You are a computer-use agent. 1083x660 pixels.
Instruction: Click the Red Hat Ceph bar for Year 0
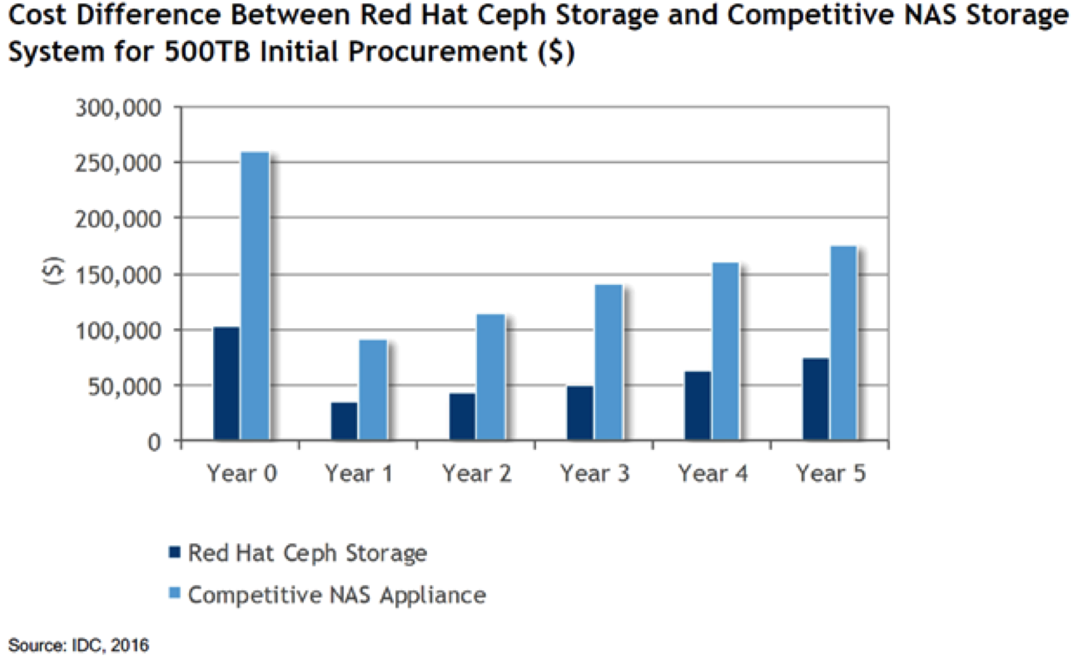(226, 383)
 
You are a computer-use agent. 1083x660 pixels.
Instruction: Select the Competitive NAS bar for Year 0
(254, 296)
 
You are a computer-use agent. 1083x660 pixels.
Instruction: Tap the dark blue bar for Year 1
(344, 422)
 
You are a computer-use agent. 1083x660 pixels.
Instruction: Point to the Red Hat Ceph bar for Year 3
(579, 413)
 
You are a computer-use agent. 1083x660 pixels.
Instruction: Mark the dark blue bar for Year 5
(815, 399)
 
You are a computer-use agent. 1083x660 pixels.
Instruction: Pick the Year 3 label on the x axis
(594, 474)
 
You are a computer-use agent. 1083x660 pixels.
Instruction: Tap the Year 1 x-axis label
(359, 474)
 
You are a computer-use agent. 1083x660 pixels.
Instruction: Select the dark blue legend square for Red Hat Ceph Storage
(173, 552)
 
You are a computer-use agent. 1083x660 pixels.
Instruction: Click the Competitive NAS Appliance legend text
(336, 595)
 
